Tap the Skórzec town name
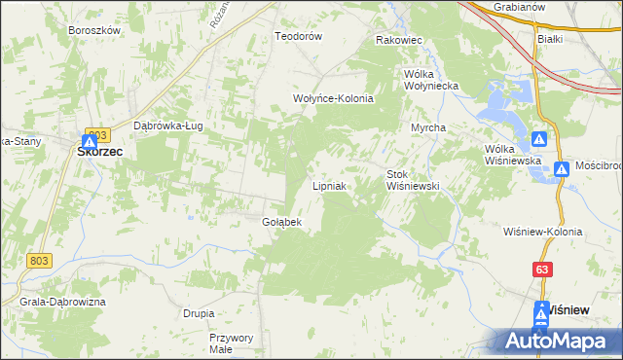[x=99, y=151]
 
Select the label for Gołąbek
[x=282, y=222]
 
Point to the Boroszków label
[x=94, y=30]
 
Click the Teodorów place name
[x=298, y=36]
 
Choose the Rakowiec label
[x=398, y=41]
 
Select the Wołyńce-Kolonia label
[x=334, y=98]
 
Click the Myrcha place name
[x=428, y=128]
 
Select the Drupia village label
[x=199, y=313]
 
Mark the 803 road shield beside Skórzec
[x=95, y=133]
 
